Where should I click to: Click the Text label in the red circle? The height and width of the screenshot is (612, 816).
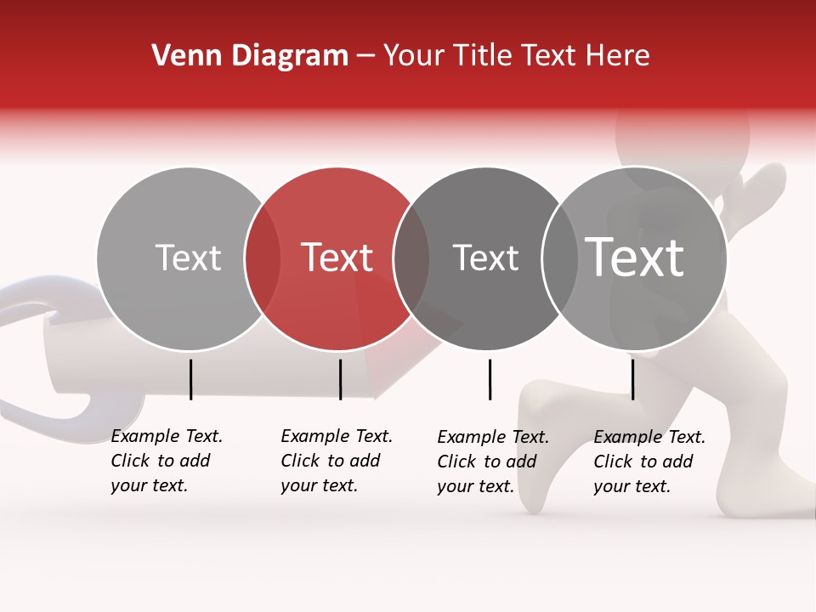pos(337,258)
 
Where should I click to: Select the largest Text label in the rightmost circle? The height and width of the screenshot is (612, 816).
pos(635,257)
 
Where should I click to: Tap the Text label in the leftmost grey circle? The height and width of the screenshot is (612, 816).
pos(188,258)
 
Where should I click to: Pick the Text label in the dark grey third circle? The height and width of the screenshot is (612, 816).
pos(485,258)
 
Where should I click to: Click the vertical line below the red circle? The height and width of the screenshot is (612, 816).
pos(340,379)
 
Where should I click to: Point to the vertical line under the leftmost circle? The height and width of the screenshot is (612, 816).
pos(190,379)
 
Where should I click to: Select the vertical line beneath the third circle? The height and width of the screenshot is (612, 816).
pos(490,379)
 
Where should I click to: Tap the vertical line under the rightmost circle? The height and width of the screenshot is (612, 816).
pos(632,379)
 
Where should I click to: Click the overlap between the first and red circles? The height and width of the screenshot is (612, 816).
pos(263,258)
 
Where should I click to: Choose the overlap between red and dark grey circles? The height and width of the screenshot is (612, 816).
pos(411,258)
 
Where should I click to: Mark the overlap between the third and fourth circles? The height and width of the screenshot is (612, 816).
pos(559,258)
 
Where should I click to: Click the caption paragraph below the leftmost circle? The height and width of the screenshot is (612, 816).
pos(166,461)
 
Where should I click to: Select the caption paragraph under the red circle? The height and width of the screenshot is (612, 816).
pos(336,461)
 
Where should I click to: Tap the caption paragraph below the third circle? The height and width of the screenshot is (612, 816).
pos(492,462)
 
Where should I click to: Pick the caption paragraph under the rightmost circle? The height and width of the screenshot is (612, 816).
pos(649,462)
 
